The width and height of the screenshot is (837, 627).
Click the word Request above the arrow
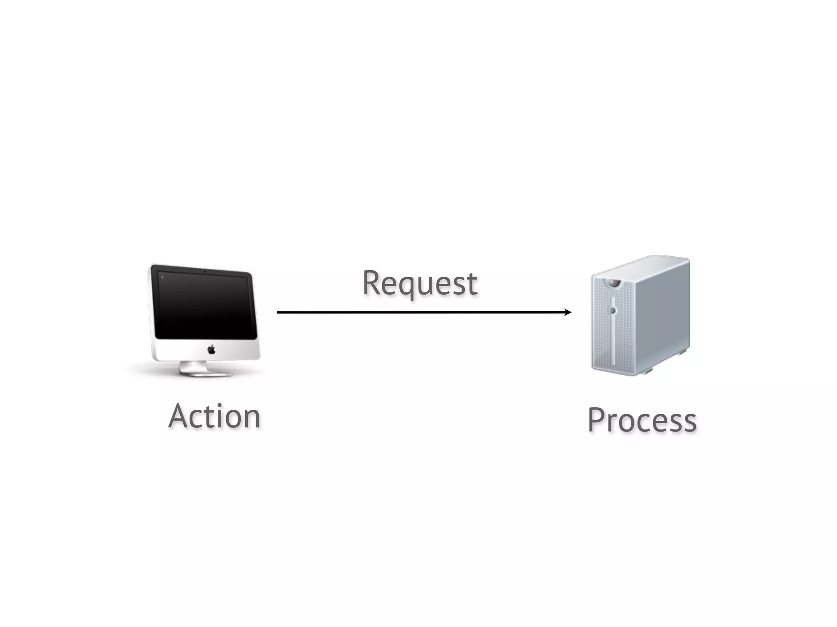[x=420, y=283]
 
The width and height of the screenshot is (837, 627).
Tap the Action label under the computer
[x=215, y=416]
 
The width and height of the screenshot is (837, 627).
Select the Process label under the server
[x=642, y=420]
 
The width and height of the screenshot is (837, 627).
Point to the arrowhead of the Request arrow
[x=568, y=312]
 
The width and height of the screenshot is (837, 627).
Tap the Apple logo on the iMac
[x=211, y=349]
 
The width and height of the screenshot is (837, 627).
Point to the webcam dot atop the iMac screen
[x=204, y=271]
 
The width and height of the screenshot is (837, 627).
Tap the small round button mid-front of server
[x=612, y=311]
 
